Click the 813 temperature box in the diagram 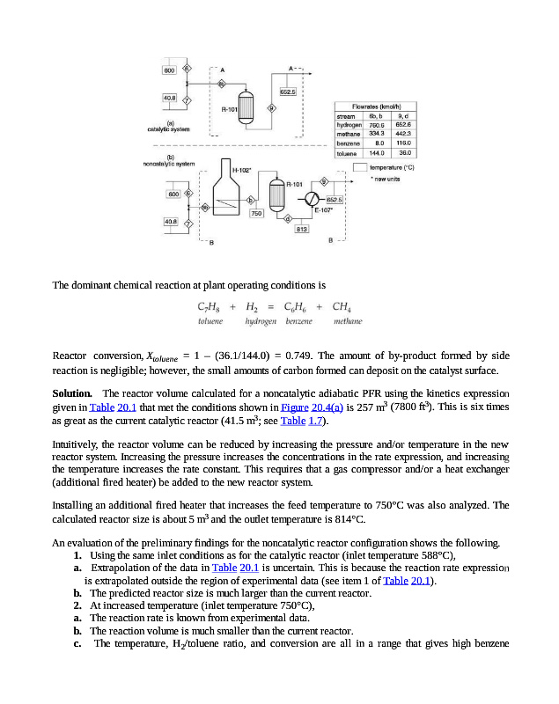pyautogui.click(x=300, y=229)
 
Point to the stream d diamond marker pyautogui.click(x=288, y=218)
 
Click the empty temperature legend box pyautogui.click(x=359, y=166)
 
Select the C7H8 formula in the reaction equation pyautogui.click(x=210, y=308)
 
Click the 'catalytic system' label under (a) pyautogui.click(x=168, y=129)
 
